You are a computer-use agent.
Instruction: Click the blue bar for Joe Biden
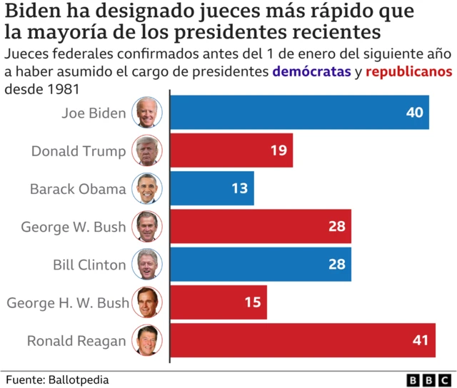pyautogui.click(x=299, y=113)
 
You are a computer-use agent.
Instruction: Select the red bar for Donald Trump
pyautogui.click(x=231, y=150)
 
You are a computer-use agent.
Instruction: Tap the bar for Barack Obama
pyautogui.click(x=212, y=189)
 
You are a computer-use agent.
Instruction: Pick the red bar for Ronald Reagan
pyautogui.click(x=303, y=340)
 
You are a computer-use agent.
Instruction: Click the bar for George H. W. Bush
pyautogui.click(x=219, y=302)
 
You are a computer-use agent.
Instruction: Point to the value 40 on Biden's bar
pyautogui.click(x=414, y=113)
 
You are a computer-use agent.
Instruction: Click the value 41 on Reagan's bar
pyautogui.click(x=421, y=340)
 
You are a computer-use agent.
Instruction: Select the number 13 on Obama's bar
pyautogui.click(x=239, y=189)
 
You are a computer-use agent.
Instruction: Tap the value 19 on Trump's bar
pyautogui.click(x=278, y=150)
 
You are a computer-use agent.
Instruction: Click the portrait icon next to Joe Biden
pyautogui.click(x=147, y=113)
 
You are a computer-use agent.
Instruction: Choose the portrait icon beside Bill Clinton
pyautogui.click(x=147, y=265)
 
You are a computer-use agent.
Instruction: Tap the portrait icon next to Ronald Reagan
pyautogui.click(x=147, y=340)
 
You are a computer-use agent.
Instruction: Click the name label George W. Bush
pyautogui.click(x=73, y=227)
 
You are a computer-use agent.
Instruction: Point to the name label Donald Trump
pyautogui.click(x=79, y=150)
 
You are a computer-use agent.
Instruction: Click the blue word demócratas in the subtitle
pyautogui.click(x=311, y=72)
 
